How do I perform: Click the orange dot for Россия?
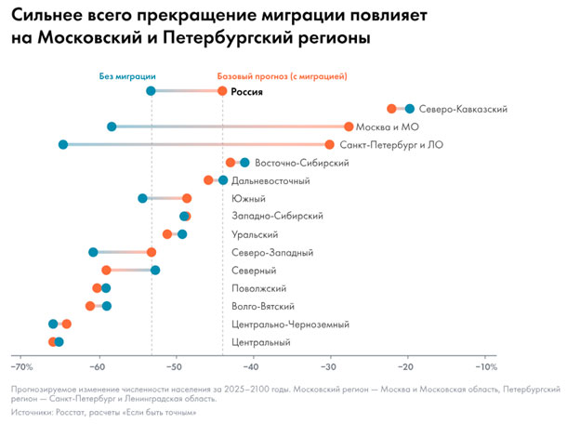222,91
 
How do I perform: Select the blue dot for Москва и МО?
112,126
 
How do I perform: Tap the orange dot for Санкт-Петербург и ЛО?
330,144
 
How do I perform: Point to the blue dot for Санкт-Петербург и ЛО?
63,144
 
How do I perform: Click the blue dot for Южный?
143,198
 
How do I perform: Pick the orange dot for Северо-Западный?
152,252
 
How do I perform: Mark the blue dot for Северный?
155,270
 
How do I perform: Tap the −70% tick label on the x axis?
20,364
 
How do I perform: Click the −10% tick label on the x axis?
484,364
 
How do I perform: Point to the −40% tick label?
253,364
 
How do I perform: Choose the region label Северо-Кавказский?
463,109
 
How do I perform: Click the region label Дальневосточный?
270,180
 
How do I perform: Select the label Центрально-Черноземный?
290,325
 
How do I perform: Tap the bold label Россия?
247,92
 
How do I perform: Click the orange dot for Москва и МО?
349,126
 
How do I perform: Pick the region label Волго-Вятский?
262,306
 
